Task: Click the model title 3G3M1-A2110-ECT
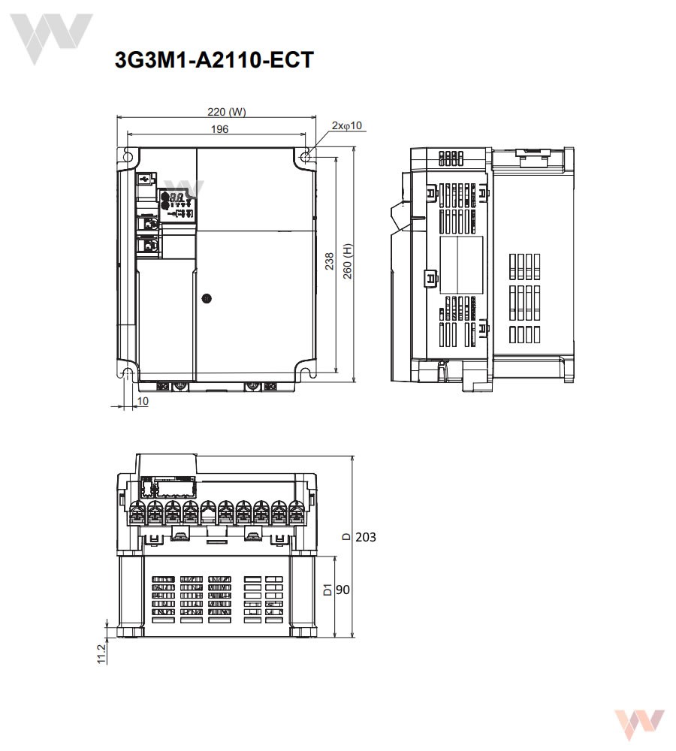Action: coord(213,61)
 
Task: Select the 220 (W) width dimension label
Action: coord(226,113)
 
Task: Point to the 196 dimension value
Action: coord(219,129)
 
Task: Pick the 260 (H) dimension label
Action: coord(347,261)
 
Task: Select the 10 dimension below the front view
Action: coord(143,402)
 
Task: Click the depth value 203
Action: coord(365,537)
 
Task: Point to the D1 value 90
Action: coord(343,590)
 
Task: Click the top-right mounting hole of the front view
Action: coord(306,157)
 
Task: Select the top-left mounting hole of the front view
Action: coord(128,158)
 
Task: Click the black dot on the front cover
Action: coord(207,298)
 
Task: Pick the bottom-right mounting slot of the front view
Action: coord(307,370)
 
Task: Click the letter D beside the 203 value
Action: coord(345,537)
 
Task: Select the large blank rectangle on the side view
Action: coord(460,264)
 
